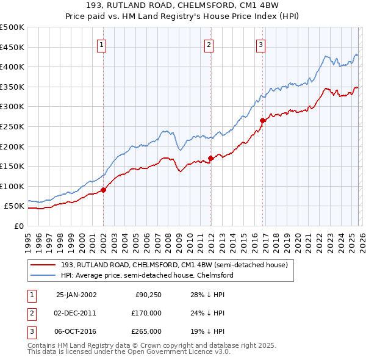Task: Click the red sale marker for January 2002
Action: (103, 190)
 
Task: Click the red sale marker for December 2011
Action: (210, 158)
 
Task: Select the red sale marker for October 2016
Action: (262, 120)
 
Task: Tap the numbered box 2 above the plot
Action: (209, 44)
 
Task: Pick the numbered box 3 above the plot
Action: (260, 44)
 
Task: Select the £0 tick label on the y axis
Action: (18, 226)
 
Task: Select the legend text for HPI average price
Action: (147, 275)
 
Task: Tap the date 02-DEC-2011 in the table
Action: (76, 313)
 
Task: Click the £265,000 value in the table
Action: (146, 331)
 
